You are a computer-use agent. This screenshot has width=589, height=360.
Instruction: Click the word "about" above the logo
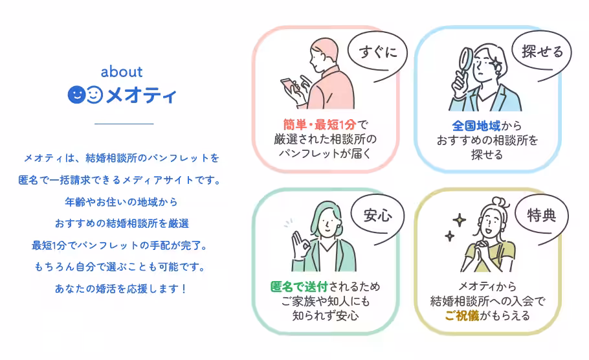(122, 72)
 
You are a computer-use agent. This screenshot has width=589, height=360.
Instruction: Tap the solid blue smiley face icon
(76, 95)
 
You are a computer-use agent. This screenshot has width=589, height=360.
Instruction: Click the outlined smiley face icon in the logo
(94, 95)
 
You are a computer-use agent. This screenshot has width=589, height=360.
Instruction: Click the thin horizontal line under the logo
(124, 123)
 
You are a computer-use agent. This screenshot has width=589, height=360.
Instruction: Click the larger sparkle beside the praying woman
(459, 220)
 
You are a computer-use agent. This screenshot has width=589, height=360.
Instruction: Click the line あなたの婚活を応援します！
(121, 288)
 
